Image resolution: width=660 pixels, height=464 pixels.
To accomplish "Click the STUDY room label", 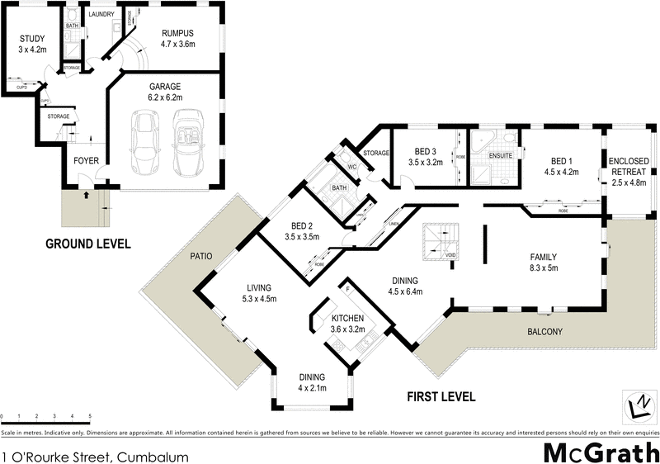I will coord(32,39).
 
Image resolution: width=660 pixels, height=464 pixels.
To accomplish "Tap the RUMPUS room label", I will coord(177,34).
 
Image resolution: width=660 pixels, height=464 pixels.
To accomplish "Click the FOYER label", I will coord(87,161).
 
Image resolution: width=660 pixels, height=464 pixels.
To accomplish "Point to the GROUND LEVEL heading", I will coord(87,244).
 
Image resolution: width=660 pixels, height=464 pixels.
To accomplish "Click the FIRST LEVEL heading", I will coord(441,396).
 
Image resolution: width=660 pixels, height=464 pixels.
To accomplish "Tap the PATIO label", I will coord(201,257).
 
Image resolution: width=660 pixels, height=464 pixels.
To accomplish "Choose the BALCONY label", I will coord(545,332).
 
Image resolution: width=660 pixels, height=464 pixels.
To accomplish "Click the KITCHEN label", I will coord(348,318).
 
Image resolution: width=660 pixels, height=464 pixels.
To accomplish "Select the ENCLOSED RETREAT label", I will coord(629,167).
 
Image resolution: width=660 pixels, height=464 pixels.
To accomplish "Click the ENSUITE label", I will coord(501,155).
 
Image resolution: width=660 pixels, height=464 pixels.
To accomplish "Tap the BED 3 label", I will coord(425,152).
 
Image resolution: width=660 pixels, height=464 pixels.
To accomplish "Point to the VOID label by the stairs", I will coord(450,255).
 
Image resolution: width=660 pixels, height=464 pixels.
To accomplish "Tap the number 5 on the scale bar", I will coord(90,416).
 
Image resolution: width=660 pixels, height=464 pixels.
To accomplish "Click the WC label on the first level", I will coord(351,166).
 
